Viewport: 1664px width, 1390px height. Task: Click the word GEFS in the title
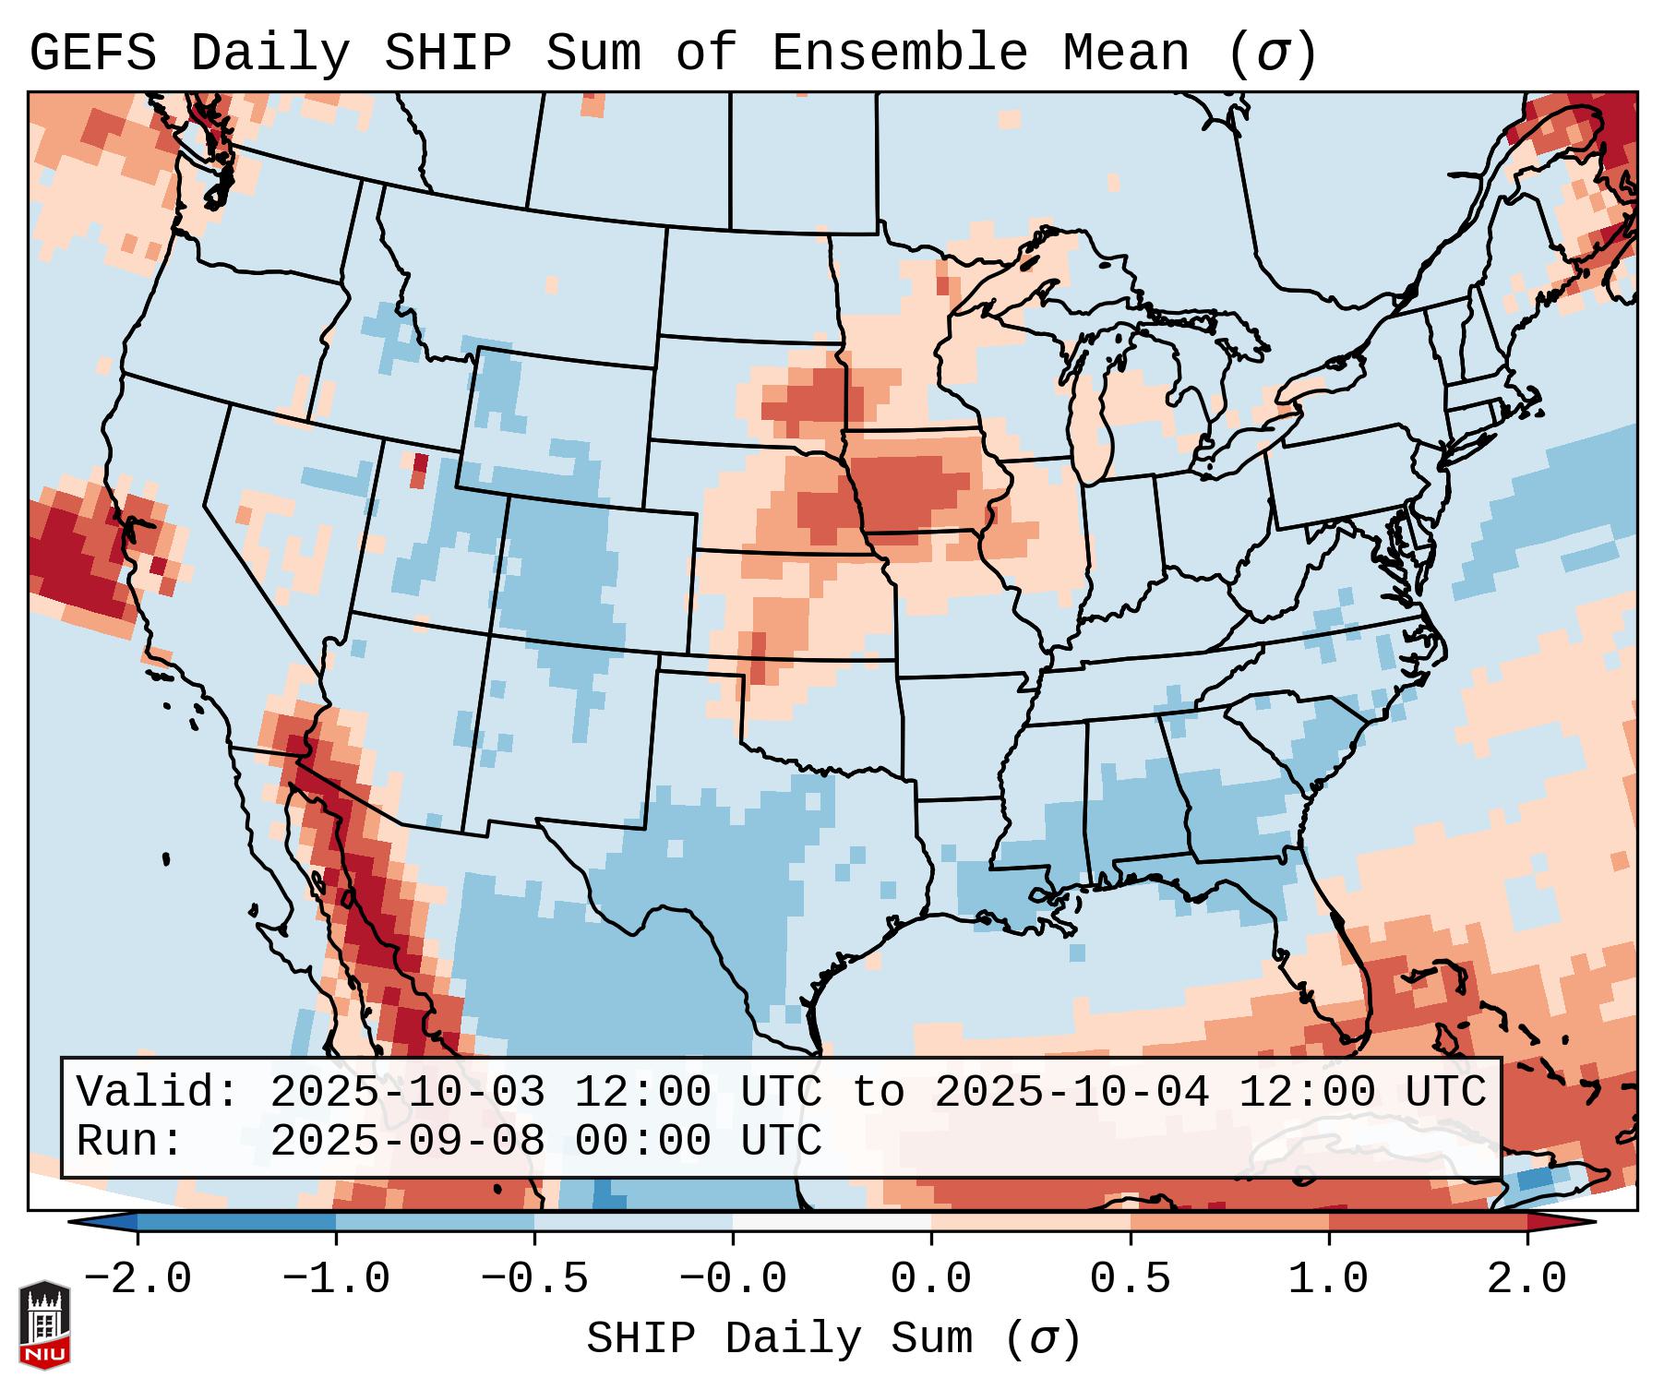[92, 54]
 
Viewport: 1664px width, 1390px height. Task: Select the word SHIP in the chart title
[447, 54]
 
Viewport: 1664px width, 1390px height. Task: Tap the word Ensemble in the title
[899, 54]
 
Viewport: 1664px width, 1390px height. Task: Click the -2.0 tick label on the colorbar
[138, 1279]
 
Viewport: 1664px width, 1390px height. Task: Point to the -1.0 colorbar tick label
[336, 1279]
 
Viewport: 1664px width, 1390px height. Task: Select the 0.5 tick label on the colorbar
[1130, 1279]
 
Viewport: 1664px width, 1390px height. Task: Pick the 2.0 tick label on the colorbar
[1526, 1279]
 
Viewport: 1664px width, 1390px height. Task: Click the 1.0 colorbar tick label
[1328, 1279]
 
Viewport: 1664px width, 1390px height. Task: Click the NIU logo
[44, 1325]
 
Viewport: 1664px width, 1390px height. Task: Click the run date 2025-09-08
[407, 1142]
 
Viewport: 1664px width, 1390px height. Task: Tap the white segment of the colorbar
[832, 1222]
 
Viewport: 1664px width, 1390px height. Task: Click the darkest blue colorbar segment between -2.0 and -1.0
[236, 1222]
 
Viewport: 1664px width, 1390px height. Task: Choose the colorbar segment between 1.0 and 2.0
[1428, 1222]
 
